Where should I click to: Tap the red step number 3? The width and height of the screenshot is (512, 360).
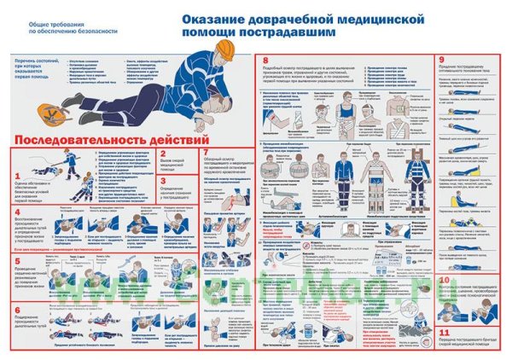[x=162, y=181]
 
